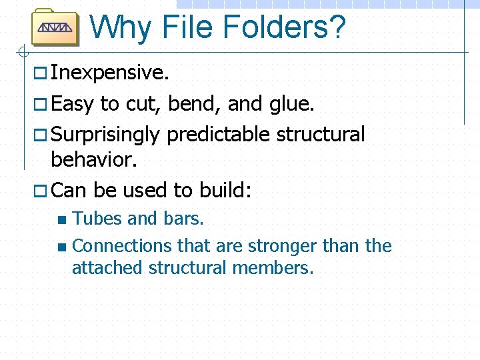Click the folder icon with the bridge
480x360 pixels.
pyautogui.click(x=55, y=27)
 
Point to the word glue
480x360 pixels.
pyautogui.click(x=292, y=104)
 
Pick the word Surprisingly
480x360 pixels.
pyautogui.click(x=105, y=135)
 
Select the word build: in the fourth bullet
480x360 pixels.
pyautogui.click(x=225, y=191)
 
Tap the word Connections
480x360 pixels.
pyautogui.click(x=122, y=246)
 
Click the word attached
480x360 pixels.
pyautogui.click(x=107, y=268)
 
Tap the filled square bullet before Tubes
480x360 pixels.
pyautogui.click(x=62, y=219)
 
